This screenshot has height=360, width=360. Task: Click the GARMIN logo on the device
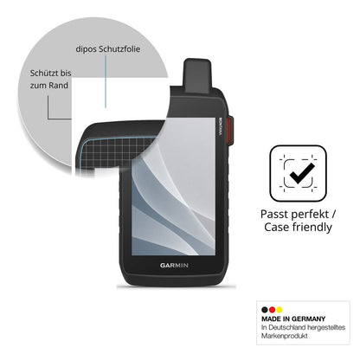tap(174, 265)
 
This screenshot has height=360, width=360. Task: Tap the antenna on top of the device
tap(197, 75)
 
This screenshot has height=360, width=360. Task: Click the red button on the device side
tap(230, 131)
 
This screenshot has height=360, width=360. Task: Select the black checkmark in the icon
tap(302, 173)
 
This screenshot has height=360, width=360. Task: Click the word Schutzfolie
tap(119, 49)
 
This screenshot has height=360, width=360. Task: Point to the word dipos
tap(86, 49)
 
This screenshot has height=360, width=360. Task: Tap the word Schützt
tap(44, 74)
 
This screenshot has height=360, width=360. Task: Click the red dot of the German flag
tap(272, 310)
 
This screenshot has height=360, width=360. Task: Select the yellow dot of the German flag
tap(279, 310)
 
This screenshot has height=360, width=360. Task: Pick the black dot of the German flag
tap(265, 310)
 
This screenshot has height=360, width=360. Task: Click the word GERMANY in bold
tap(308, 319)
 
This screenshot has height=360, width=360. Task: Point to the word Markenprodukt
tap(285, 336)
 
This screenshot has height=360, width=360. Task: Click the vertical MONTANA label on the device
tap(221, 126)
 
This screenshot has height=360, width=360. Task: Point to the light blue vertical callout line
tap(106, 81)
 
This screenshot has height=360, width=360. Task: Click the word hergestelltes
tap(326, 327)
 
